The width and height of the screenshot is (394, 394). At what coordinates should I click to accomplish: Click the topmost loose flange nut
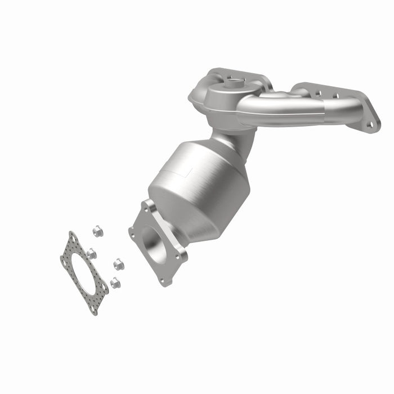coord(97,230)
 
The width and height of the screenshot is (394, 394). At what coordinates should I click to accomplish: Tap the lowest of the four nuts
coord(115,283)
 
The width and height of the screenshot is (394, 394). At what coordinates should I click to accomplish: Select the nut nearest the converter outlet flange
coord(118,263)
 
